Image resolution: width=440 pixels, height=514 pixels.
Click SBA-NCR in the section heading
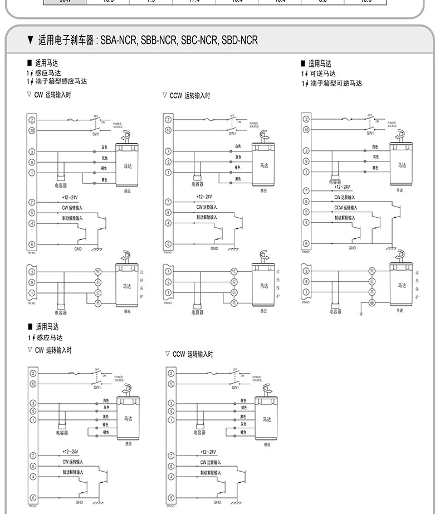tap(119, 41)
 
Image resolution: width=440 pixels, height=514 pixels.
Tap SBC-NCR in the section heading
tap(199, 41)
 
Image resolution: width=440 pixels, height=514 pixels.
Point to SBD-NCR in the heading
tap(239, 41)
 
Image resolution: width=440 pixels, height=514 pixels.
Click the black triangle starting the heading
tap(30, 41)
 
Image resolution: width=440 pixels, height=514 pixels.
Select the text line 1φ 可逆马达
tap(319, 74)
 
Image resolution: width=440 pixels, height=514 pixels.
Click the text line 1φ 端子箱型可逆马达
tap(332, 84)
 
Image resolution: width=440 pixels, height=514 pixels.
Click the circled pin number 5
tap(306, 212)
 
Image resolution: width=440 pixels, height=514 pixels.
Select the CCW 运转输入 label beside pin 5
tap(346, 207)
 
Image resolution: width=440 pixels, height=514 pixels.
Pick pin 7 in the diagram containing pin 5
tap(306, 191)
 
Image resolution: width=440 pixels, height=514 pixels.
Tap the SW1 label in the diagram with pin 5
tap(370, 133)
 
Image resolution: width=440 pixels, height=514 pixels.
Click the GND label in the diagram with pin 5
tap(352, 248)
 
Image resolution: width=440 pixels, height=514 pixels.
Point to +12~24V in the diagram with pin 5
tap(342, 187)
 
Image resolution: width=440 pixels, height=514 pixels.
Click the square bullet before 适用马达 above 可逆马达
tap(304, 63)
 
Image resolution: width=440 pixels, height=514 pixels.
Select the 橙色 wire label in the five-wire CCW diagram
tap(243, 432)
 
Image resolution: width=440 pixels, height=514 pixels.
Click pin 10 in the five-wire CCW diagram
tap(171, 384)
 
